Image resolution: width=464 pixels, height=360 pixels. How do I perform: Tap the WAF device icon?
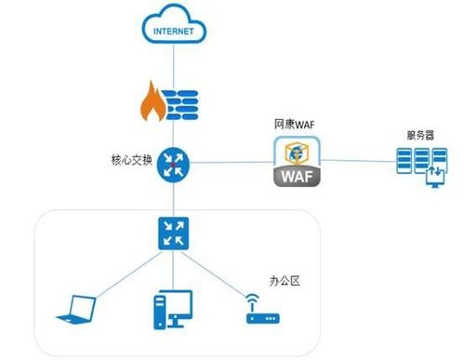click(298, 162)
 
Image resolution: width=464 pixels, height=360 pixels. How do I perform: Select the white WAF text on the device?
click(298, 177)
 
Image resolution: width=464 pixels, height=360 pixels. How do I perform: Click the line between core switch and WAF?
click(228, 164)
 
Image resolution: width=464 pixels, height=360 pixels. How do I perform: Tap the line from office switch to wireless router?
click(219, 273)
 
